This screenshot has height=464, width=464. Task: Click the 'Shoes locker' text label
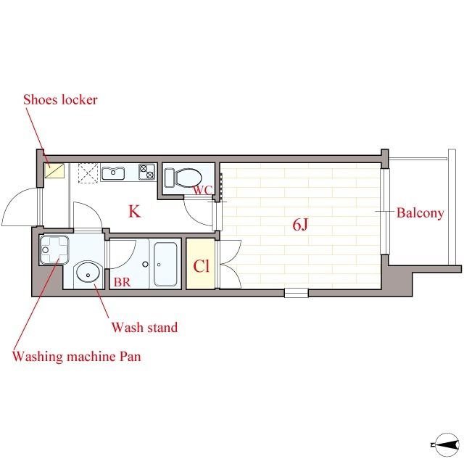tap(60, 100)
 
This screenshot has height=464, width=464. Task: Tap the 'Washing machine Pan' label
tap(76, 356)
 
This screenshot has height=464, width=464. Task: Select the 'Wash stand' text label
tap(144, 327)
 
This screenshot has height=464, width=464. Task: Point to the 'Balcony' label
tap(420, 213)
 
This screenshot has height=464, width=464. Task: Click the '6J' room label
tap(300, 225)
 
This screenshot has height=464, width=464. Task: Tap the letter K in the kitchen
tap(134, 211)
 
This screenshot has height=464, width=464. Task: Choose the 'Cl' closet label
tap(202, 266)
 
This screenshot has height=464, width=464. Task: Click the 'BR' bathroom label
tap(122, 282)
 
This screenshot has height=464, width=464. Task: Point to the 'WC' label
tap(203, 190)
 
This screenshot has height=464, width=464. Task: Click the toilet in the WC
tap(183, 178)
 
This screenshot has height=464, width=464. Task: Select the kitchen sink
tap(113, 173)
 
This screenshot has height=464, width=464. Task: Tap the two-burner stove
tap(147, 172)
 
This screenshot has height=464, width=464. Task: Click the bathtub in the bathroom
tap(165, 264)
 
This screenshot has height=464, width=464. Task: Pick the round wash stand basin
tap(88, 272)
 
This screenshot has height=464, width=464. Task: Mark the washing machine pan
tap(54, 249)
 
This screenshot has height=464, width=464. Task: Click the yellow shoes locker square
tap(54, 171)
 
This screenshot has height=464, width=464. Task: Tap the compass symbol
tap(447, 444)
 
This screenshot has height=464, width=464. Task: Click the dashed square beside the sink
tap(88, 173)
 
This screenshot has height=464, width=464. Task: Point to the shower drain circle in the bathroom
tap(145, 264)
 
